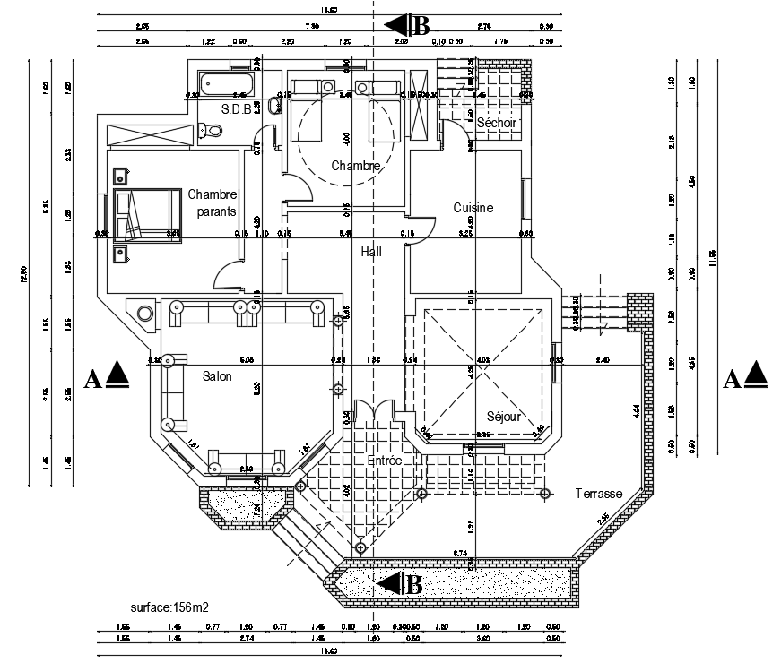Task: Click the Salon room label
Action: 216,376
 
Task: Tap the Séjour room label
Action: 504,416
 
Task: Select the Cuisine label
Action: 473,208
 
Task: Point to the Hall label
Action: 371,252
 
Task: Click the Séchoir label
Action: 498,122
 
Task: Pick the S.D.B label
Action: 239,108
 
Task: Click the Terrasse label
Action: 599,494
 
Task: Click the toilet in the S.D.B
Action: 213,131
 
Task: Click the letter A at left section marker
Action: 91,379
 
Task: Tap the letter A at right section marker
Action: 730,379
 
